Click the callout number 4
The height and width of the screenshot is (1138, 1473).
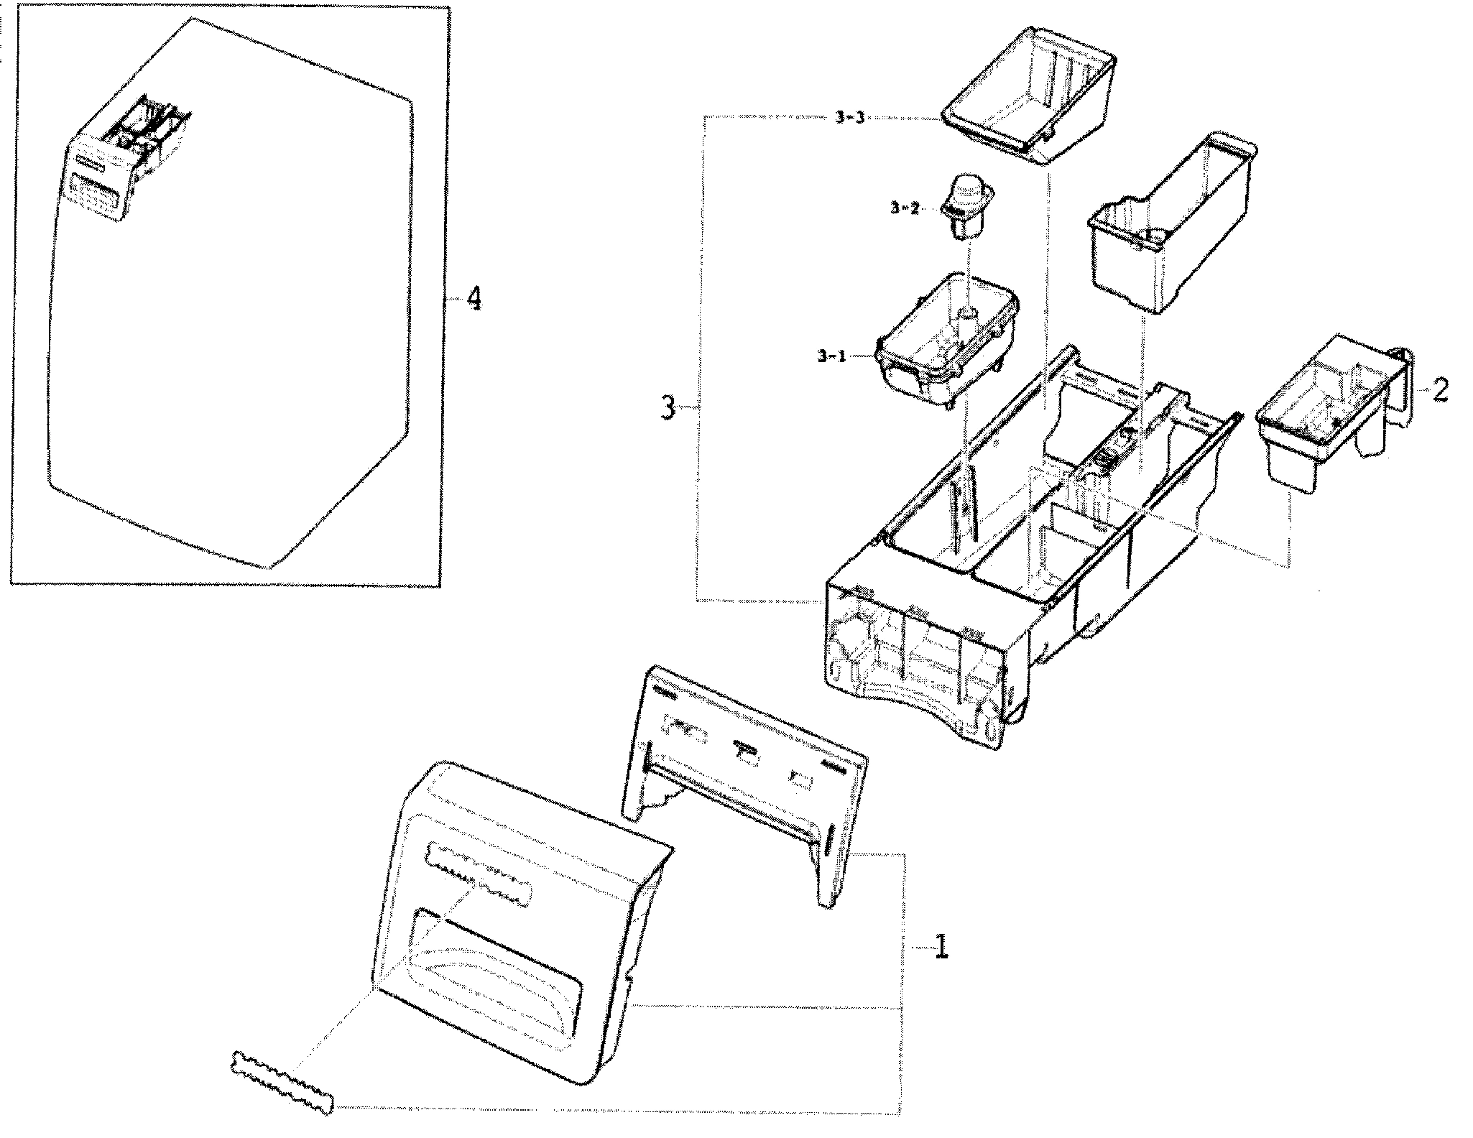473,298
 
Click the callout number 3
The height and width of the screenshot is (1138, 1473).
668,410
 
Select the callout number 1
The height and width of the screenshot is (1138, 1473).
940,948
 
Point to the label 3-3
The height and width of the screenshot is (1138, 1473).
849,119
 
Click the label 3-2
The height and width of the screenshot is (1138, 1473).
904,208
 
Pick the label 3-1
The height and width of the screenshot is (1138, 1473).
831,356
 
